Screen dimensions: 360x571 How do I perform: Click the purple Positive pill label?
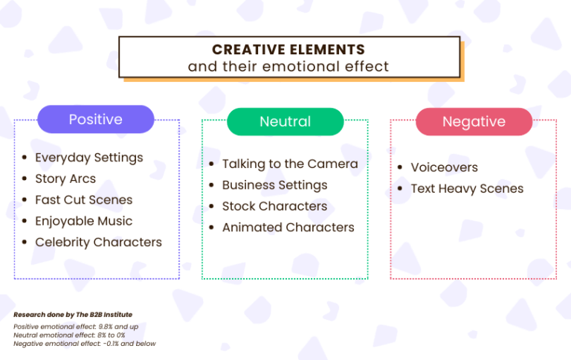point(96,119)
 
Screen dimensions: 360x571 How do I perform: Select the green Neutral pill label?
point(285,121)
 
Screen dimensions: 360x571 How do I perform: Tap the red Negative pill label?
point(474,121)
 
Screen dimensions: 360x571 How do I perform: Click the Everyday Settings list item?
point(88,158)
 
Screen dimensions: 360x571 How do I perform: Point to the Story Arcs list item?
point(65,179)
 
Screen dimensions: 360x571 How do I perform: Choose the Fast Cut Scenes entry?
point(83,200)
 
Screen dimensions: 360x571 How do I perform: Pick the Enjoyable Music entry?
point(83,221)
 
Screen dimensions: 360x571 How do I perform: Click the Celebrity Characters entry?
point(98,242)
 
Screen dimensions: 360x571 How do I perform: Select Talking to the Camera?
point(290,164)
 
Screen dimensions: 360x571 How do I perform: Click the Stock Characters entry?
point(274,206)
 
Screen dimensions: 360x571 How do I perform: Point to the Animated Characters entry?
point(288,227)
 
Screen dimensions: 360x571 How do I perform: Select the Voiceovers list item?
point(444,167)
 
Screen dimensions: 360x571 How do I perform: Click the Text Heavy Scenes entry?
point(467,188)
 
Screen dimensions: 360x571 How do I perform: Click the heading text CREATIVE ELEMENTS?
point(288,50)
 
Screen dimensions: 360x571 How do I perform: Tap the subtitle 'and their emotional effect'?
point(288,66)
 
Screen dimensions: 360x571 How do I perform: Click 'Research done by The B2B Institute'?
point(73,315)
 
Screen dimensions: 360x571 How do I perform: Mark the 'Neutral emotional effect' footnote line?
point(69,335)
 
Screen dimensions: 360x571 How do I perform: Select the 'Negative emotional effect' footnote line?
point(84,344)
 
